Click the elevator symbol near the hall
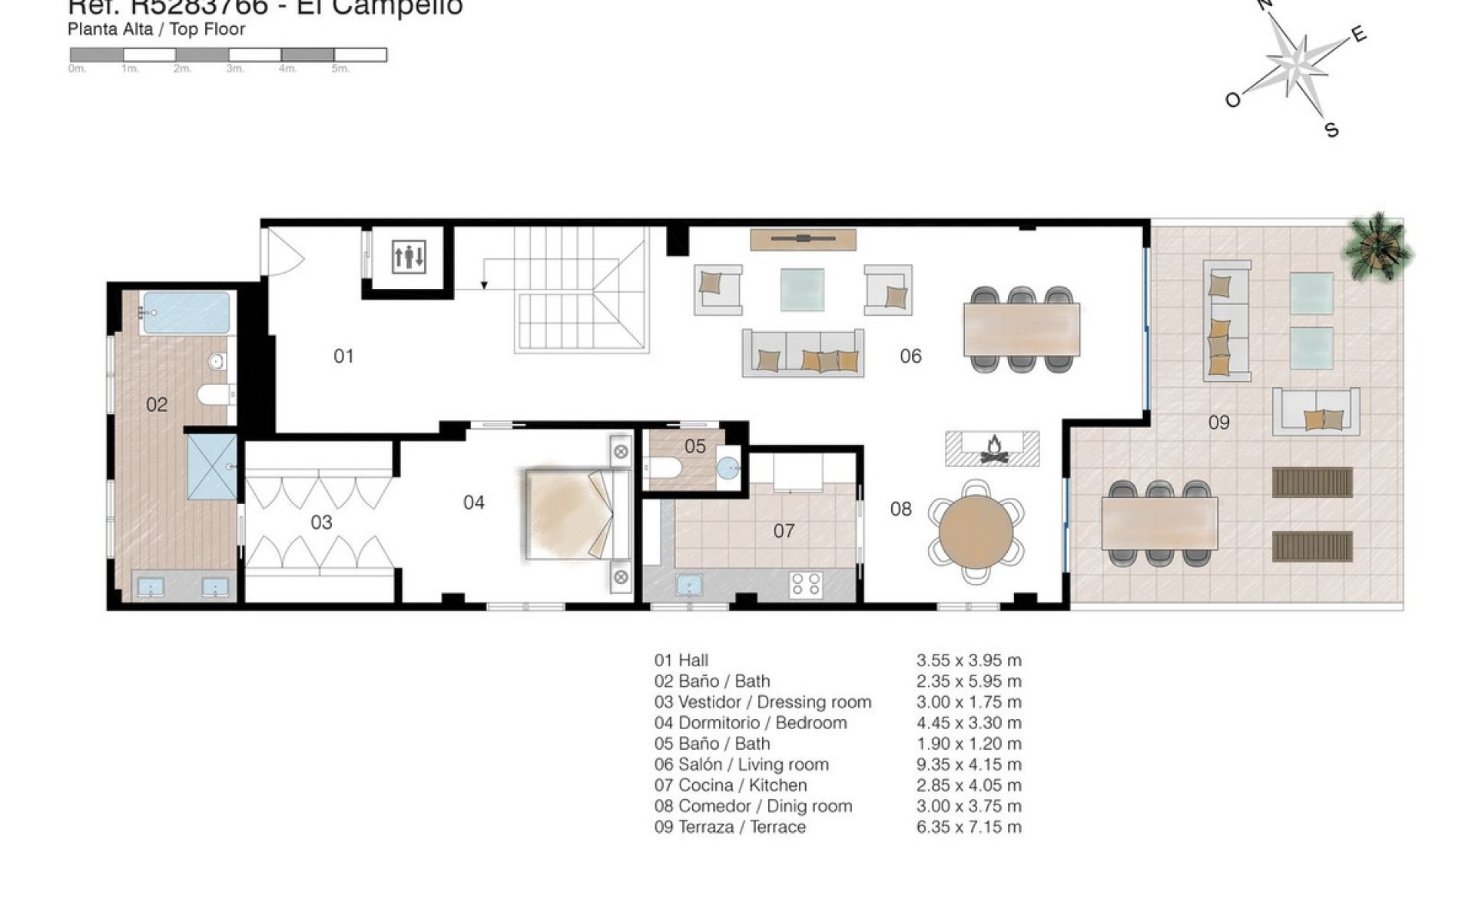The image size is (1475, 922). click(x=409, y=257)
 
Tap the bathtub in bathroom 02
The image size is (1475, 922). click(x=186, y=312)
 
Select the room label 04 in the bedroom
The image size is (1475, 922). click(x=474, y=502)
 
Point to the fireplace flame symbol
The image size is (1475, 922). click(x=993, y=448)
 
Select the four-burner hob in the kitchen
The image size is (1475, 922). click(x=806, y=584)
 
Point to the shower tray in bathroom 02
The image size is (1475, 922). click(x=211, y=466)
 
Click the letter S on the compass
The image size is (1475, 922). click(x=1332, y=130)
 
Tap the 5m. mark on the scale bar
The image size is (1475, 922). click(x=340, y=69)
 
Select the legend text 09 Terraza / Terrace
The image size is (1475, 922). click(x=730, y=827)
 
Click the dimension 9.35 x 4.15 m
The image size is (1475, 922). click(x=969, y=764)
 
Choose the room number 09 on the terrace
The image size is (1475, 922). click(x=1218, y=422)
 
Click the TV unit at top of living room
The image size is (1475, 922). click(x=803, y=240)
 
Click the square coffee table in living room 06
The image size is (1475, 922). click(x=802, y=290)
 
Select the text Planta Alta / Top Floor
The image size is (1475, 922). click(x=156, y=29)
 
